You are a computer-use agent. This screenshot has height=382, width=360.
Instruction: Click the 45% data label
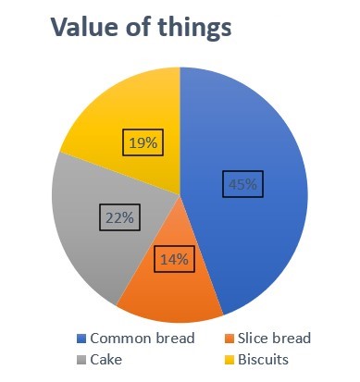point(243,185)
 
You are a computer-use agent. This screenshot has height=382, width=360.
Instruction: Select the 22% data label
point(118,218)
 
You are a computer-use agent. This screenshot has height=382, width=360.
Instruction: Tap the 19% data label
point(142,144)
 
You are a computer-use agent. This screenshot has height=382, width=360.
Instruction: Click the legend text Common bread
point(143,339)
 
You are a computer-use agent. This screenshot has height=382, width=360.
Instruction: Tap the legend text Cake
point(106,358)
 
